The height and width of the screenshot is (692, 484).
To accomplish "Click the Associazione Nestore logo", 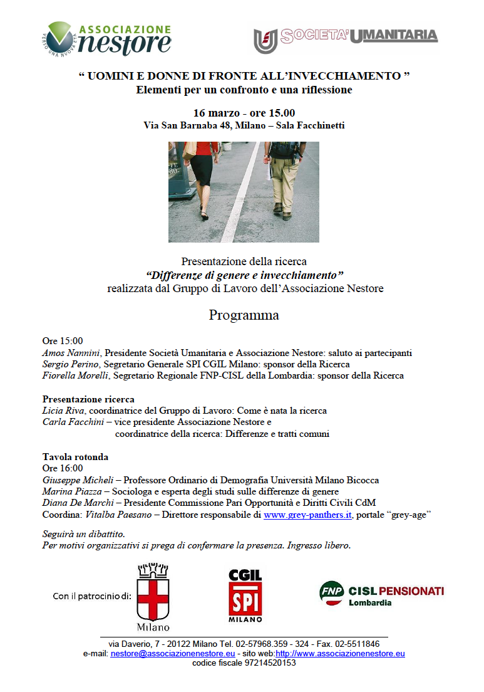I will click(x=106, y=38).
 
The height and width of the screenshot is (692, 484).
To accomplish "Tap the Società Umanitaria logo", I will click(x=346, y=39).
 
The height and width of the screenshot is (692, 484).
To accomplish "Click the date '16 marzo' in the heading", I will click(x=216, y=113).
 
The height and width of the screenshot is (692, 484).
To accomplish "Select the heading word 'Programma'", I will click(x=244, y=315).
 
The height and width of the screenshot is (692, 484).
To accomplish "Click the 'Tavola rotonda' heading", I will click(x=75, y=457).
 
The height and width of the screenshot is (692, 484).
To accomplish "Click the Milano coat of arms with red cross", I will click(x=153, y=596).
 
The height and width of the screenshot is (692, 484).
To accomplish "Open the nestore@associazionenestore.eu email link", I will click(x=173, y=654).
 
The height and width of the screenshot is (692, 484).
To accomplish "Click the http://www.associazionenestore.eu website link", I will click(x=340, y=654).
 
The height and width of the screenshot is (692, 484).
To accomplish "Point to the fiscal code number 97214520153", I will click(x=269, y=663).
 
